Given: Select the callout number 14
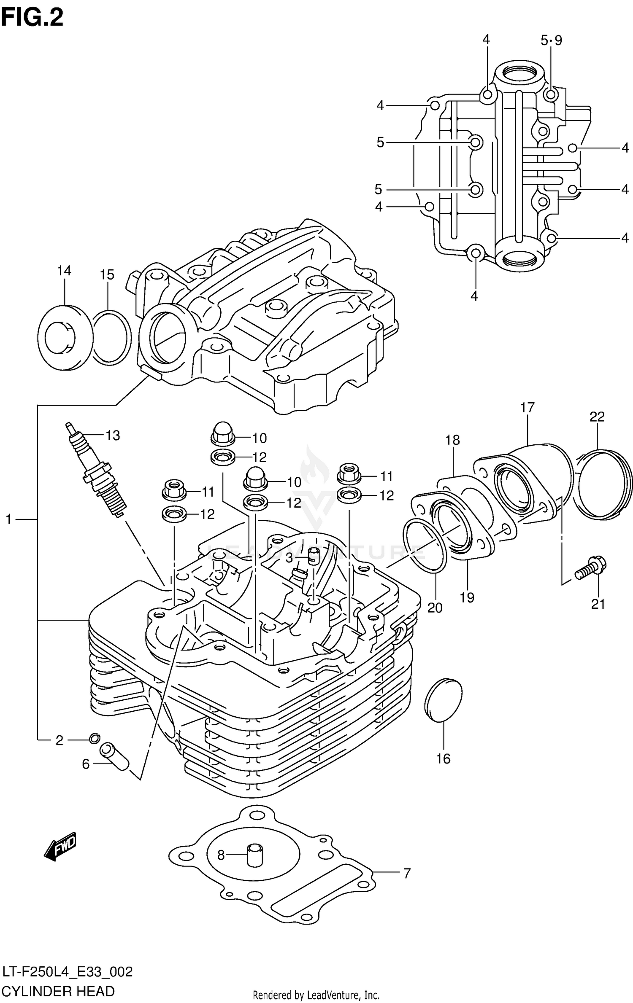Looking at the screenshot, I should click(64, 271).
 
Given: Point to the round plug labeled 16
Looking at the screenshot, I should click(443, 700).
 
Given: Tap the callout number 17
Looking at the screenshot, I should click(527, 408).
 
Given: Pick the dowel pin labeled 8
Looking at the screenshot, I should click(254, 855).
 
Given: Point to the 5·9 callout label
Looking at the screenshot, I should click(551, 40).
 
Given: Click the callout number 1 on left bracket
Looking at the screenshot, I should click(8, 519).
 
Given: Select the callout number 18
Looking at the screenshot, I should click(452, 440).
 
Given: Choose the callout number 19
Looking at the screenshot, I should click(467, 597).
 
